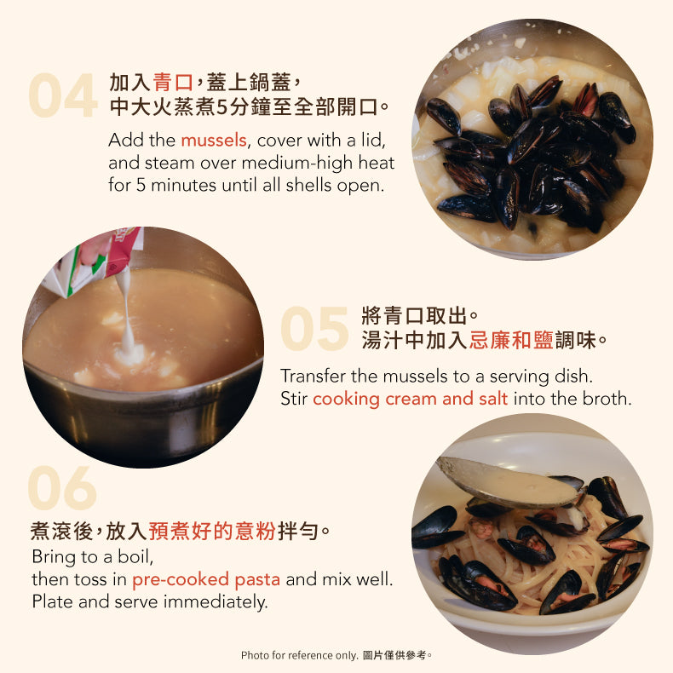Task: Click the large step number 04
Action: tap(63, 95)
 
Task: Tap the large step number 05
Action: tap(314, 328)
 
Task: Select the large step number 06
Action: tap(62, 488)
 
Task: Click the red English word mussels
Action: tap(214, 141)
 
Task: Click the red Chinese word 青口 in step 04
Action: tap(173, 82)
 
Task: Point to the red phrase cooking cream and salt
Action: tap(411, 399)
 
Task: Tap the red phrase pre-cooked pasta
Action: tap(206, 579)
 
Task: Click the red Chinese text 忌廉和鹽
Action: tap(511, 340)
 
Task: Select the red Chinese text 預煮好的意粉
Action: tap(212, 531)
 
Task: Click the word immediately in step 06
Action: tap(216, 601)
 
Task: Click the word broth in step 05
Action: tap(610, 399)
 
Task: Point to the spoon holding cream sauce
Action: tap(508, 482)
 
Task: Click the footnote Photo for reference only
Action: tap(300, 655)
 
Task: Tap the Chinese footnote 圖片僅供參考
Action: tap(397, 655)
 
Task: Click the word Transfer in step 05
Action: tap(313, 376)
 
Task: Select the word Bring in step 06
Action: tap(53, 557)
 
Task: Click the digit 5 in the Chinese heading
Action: tap(221, 107)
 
